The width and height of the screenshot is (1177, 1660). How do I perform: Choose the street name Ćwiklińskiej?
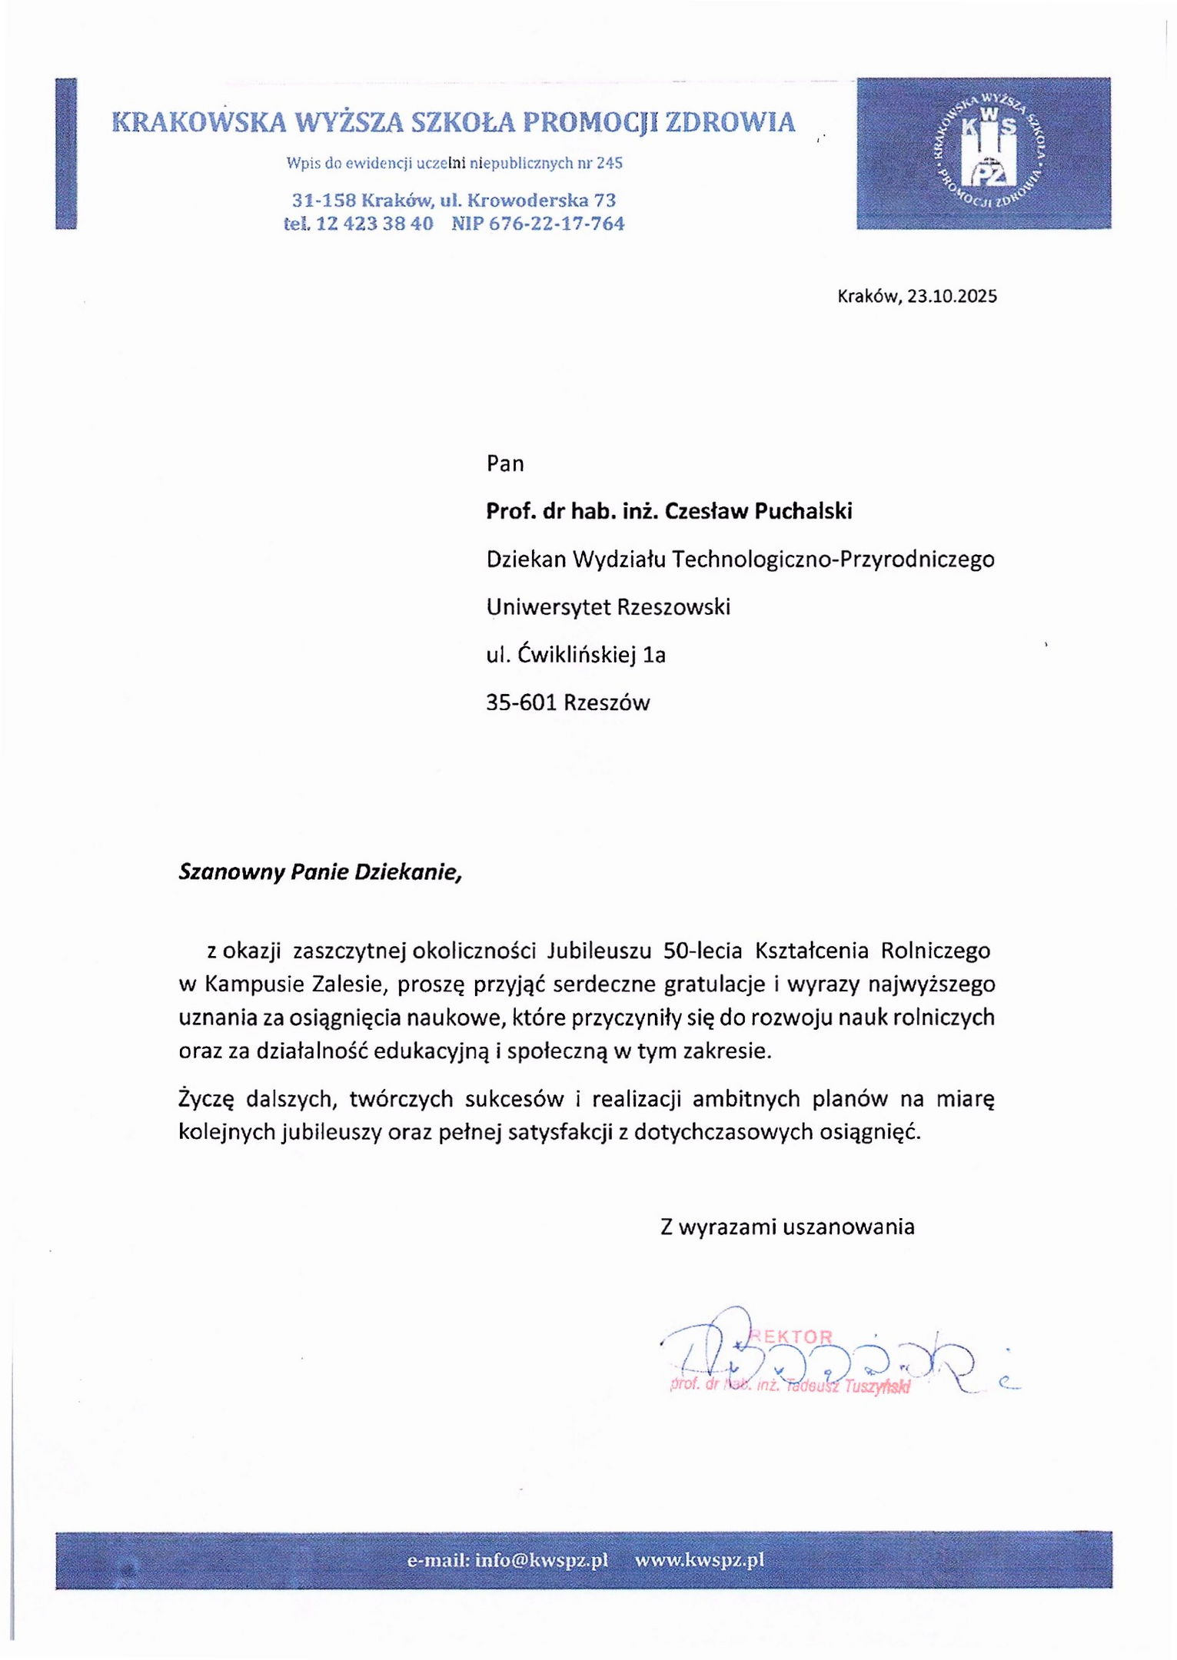tap(577, 655)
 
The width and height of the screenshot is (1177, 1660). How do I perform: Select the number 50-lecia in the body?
tap(702, 951)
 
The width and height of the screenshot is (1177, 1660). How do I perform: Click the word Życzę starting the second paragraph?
tap(205, 1100)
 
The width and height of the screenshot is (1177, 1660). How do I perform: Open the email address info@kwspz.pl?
tap(541, 1560)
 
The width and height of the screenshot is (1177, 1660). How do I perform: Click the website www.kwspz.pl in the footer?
tap(699, 1560)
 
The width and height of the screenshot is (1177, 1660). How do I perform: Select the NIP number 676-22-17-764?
tap(557, 224)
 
